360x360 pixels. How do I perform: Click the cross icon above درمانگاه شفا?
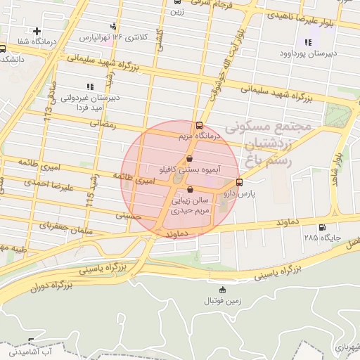(x=37, y=31)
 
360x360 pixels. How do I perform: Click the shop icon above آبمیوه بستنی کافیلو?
(x=190, y=160)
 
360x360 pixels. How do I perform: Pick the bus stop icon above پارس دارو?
(x=240, y=181)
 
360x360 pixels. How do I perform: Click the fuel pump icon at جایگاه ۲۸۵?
(x=322, y=227)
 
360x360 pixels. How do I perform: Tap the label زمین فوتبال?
(x=223, y=301)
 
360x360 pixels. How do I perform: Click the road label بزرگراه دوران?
(x=52, y=286)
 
